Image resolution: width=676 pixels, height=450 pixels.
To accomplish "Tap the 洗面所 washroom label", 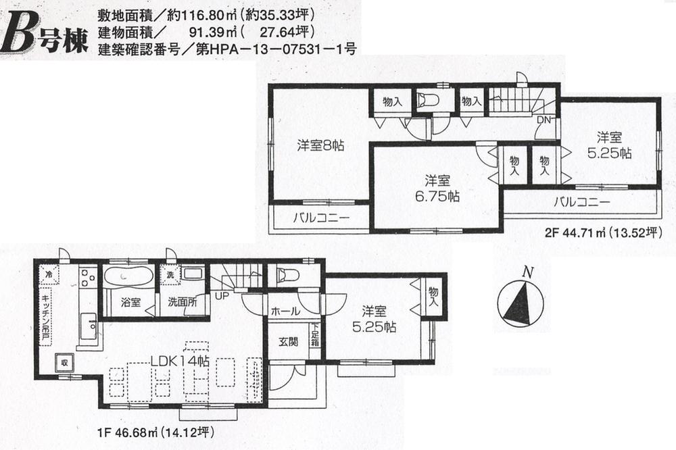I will [183, 302].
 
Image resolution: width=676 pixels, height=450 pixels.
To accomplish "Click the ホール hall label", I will [285, 312].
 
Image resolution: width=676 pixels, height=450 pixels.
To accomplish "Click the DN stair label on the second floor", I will [543, 120].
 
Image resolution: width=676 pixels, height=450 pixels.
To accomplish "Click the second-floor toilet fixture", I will [428, 101].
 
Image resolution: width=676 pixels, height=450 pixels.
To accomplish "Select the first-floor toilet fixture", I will [287, 274].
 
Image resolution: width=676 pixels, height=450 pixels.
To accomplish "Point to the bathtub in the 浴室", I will [128, 276].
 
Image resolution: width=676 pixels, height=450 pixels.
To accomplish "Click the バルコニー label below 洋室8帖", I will [320, 218].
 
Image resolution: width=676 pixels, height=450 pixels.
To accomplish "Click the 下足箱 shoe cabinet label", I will [315, 335].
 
